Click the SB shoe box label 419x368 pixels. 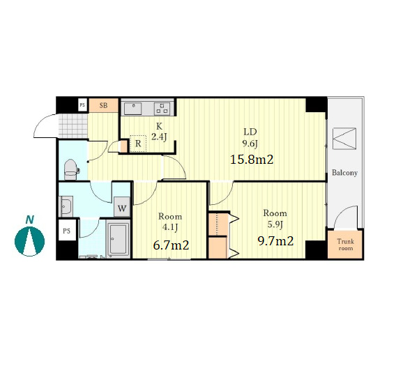tap(103, 105)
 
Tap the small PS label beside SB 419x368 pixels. tap(82, 105)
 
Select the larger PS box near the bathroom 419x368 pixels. tap(67, 230)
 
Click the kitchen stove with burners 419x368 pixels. tap(162, 109)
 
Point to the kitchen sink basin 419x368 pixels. tap(132, 109)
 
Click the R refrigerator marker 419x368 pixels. tap(138, 144)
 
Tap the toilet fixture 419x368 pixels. tap(71, 170)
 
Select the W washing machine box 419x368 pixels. tap(122, 207)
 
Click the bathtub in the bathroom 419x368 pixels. tap(118, 239)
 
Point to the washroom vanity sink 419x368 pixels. tap(66, 206)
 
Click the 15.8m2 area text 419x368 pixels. tap(252, 160)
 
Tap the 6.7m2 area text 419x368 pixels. tap(171, 245)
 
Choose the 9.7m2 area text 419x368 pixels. tap(275, 241)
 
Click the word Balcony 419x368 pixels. tap(344, 173)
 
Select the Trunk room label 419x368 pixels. tap(346, 245)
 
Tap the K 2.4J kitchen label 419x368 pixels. tap(159, 132)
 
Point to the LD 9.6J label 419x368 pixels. tap(250, 138)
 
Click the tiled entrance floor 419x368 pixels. tap(73, 125)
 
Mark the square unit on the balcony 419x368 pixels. tap(344, 139)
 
